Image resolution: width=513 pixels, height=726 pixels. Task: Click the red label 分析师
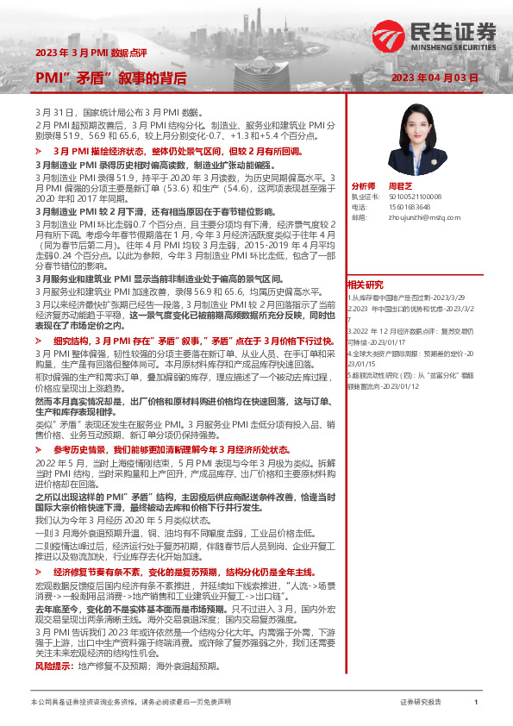(x=364, y=186)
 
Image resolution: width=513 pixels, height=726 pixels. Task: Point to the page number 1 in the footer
(x=476, y=703)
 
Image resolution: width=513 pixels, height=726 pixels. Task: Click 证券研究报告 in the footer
(x=420, y=703)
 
